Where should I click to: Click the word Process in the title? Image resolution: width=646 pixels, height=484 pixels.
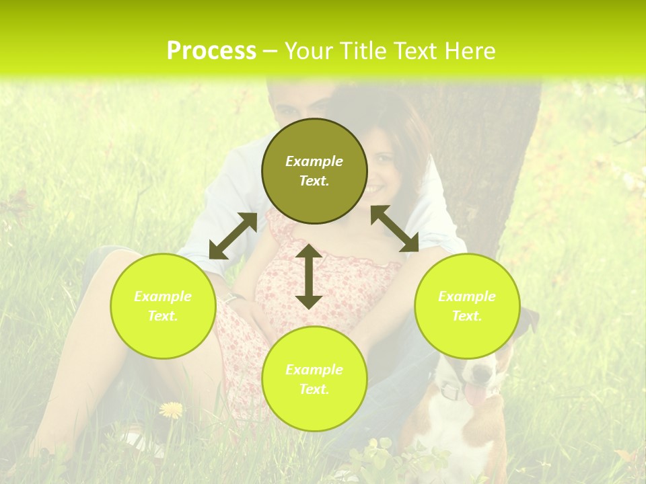(x=211, y=51)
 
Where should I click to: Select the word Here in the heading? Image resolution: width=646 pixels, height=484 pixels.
(x=468, y=51)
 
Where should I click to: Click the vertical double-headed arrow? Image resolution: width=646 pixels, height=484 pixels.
(x=309, y=276)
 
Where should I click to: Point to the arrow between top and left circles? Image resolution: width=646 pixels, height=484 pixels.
(x=233, y=236)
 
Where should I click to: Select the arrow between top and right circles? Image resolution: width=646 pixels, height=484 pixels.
(x=394, y=229)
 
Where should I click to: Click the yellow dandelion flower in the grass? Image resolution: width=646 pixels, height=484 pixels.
(x=171, y=409)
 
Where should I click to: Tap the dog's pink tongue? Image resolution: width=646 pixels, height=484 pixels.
(x=476, y=396)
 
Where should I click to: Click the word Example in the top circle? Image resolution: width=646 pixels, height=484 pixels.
(x=314, y=161)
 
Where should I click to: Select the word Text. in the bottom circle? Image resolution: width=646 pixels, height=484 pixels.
(x=314, y=389)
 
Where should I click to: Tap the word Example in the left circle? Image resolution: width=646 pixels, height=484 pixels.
(x=163, y=296)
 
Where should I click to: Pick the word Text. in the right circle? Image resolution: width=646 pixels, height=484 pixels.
(x=467, y=316)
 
